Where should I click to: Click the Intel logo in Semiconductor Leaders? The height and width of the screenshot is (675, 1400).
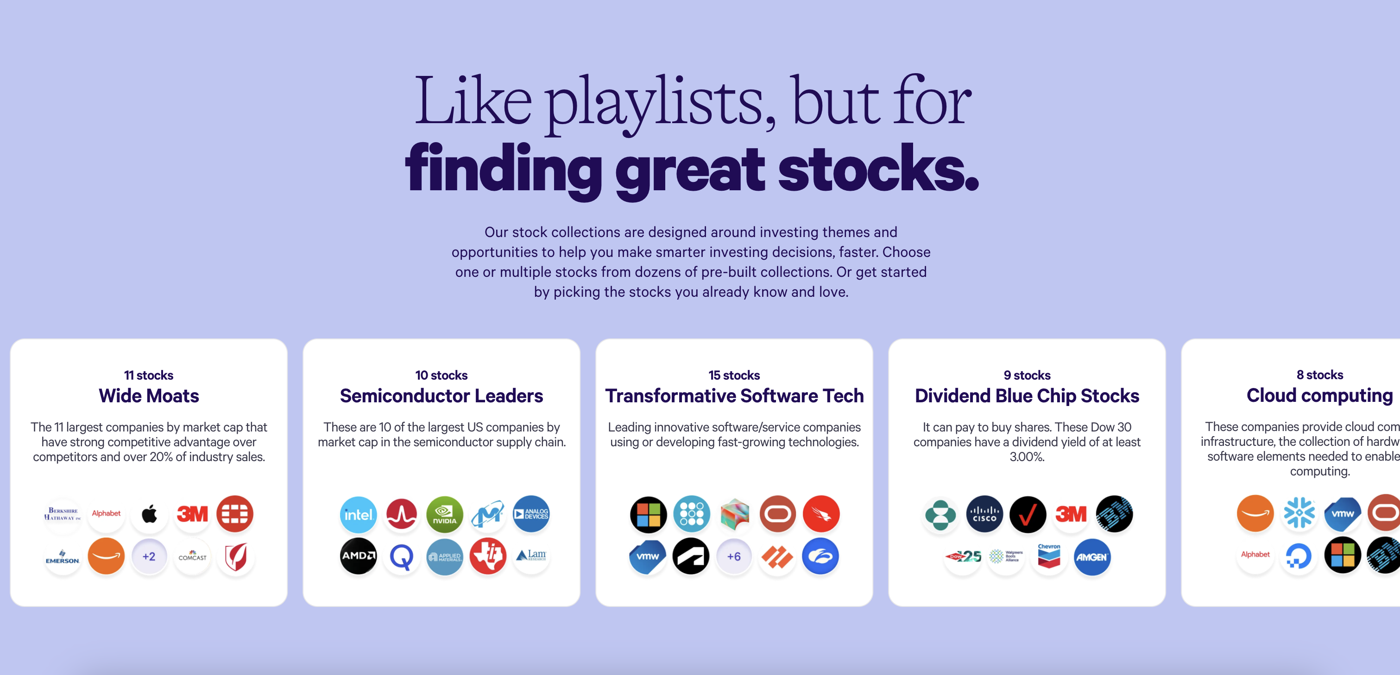pos(358,514)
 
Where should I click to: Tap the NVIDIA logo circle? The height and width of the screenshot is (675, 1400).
pos(445,514)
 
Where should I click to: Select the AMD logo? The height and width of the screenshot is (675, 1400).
pos(358,556)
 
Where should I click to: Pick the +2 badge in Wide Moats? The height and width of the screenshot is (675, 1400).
pos(149,556)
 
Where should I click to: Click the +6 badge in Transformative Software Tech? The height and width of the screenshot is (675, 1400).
pos(734,556)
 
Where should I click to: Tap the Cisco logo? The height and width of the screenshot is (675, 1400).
pos(984,514)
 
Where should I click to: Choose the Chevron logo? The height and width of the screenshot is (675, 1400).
pos(1049,556)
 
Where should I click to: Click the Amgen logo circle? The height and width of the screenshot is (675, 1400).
pos(1092,556)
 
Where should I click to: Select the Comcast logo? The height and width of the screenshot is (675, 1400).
pos(192,556)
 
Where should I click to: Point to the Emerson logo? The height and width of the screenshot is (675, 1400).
pos(63,556)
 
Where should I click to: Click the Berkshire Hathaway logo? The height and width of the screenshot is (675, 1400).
pos(63,514)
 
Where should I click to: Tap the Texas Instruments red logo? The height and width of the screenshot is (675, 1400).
pos(487,556)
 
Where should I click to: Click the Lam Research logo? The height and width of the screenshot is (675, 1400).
pos(531,556)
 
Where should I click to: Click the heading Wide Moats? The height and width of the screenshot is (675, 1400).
pos(149,396)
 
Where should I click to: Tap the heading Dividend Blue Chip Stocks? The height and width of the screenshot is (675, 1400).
pos(1027,396)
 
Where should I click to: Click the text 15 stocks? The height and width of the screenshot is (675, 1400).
pos(734,375)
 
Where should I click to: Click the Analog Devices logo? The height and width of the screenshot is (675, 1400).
pos(531,514)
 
